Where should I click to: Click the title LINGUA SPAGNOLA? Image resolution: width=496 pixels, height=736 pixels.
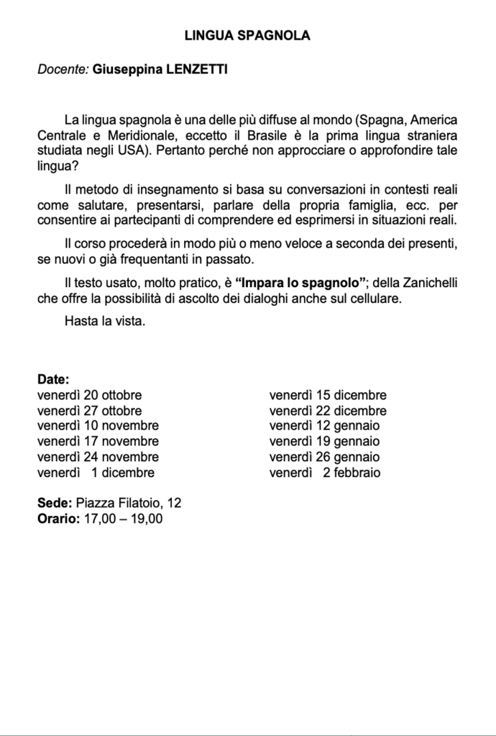(247, 35)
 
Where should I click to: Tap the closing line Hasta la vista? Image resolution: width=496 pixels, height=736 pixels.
(105, 319)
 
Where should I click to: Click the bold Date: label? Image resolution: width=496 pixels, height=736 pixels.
(53, 379)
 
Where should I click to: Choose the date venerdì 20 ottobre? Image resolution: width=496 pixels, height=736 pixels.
(89, 395)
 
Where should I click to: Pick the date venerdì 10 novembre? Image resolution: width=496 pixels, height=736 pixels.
(98, 426)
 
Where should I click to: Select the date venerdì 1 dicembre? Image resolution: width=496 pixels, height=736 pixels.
(96, 473)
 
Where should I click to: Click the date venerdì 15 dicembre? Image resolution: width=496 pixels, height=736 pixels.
(328, 395)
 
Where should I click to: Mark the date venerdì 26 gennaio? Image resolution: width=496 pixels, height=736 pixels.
(324, 457)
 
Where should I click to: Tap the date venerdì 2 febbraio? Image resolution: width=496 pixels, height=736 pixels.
(325, 473)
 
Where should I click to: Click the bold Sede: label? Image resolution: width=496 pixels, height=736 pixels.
(53, 504)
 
